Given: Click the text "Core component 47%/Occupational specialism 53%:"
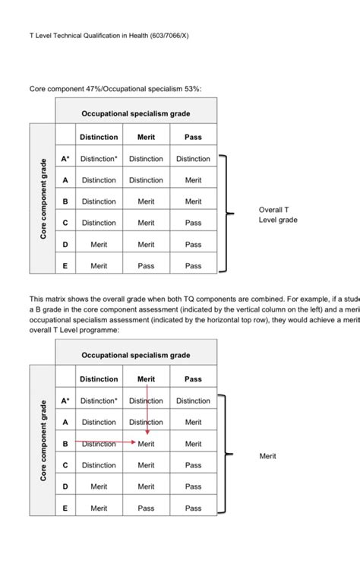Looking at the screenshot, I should click(115, 89).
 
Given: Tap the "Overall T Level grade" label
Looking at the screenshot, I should click(278, 214).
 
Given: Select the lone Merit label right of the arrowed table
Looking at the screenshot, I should click(268, 456).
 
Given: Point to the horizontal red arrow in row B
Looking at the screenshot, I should click(106, 442).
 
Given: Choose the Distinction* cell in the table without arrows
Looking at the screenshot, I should click(99, 159).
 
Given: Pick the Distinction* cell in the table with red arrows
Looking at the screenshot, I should click(99, 401).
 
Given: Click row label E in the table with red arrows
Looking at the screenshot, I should click(65, 508).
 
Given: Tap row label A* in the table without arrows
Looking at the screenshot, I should click(65, 159).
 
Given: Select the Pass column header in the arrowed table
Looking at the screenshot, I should click(193, 379).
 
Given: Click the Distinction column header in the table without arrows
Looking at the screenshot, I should click(99, 137).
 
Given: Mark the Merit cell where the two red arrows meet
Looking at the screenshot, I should click(147, 444).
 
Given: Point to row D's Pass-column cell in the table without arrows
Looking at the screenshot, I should click(193, 245).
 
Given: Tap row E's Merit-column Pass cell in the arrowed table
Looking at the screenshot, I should click(146, 508).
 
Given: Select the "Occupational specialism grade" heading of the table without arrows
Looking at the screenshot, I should click(136, 113).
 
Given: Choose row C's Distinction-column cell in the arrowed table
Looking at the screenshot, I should click(99, 465).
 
